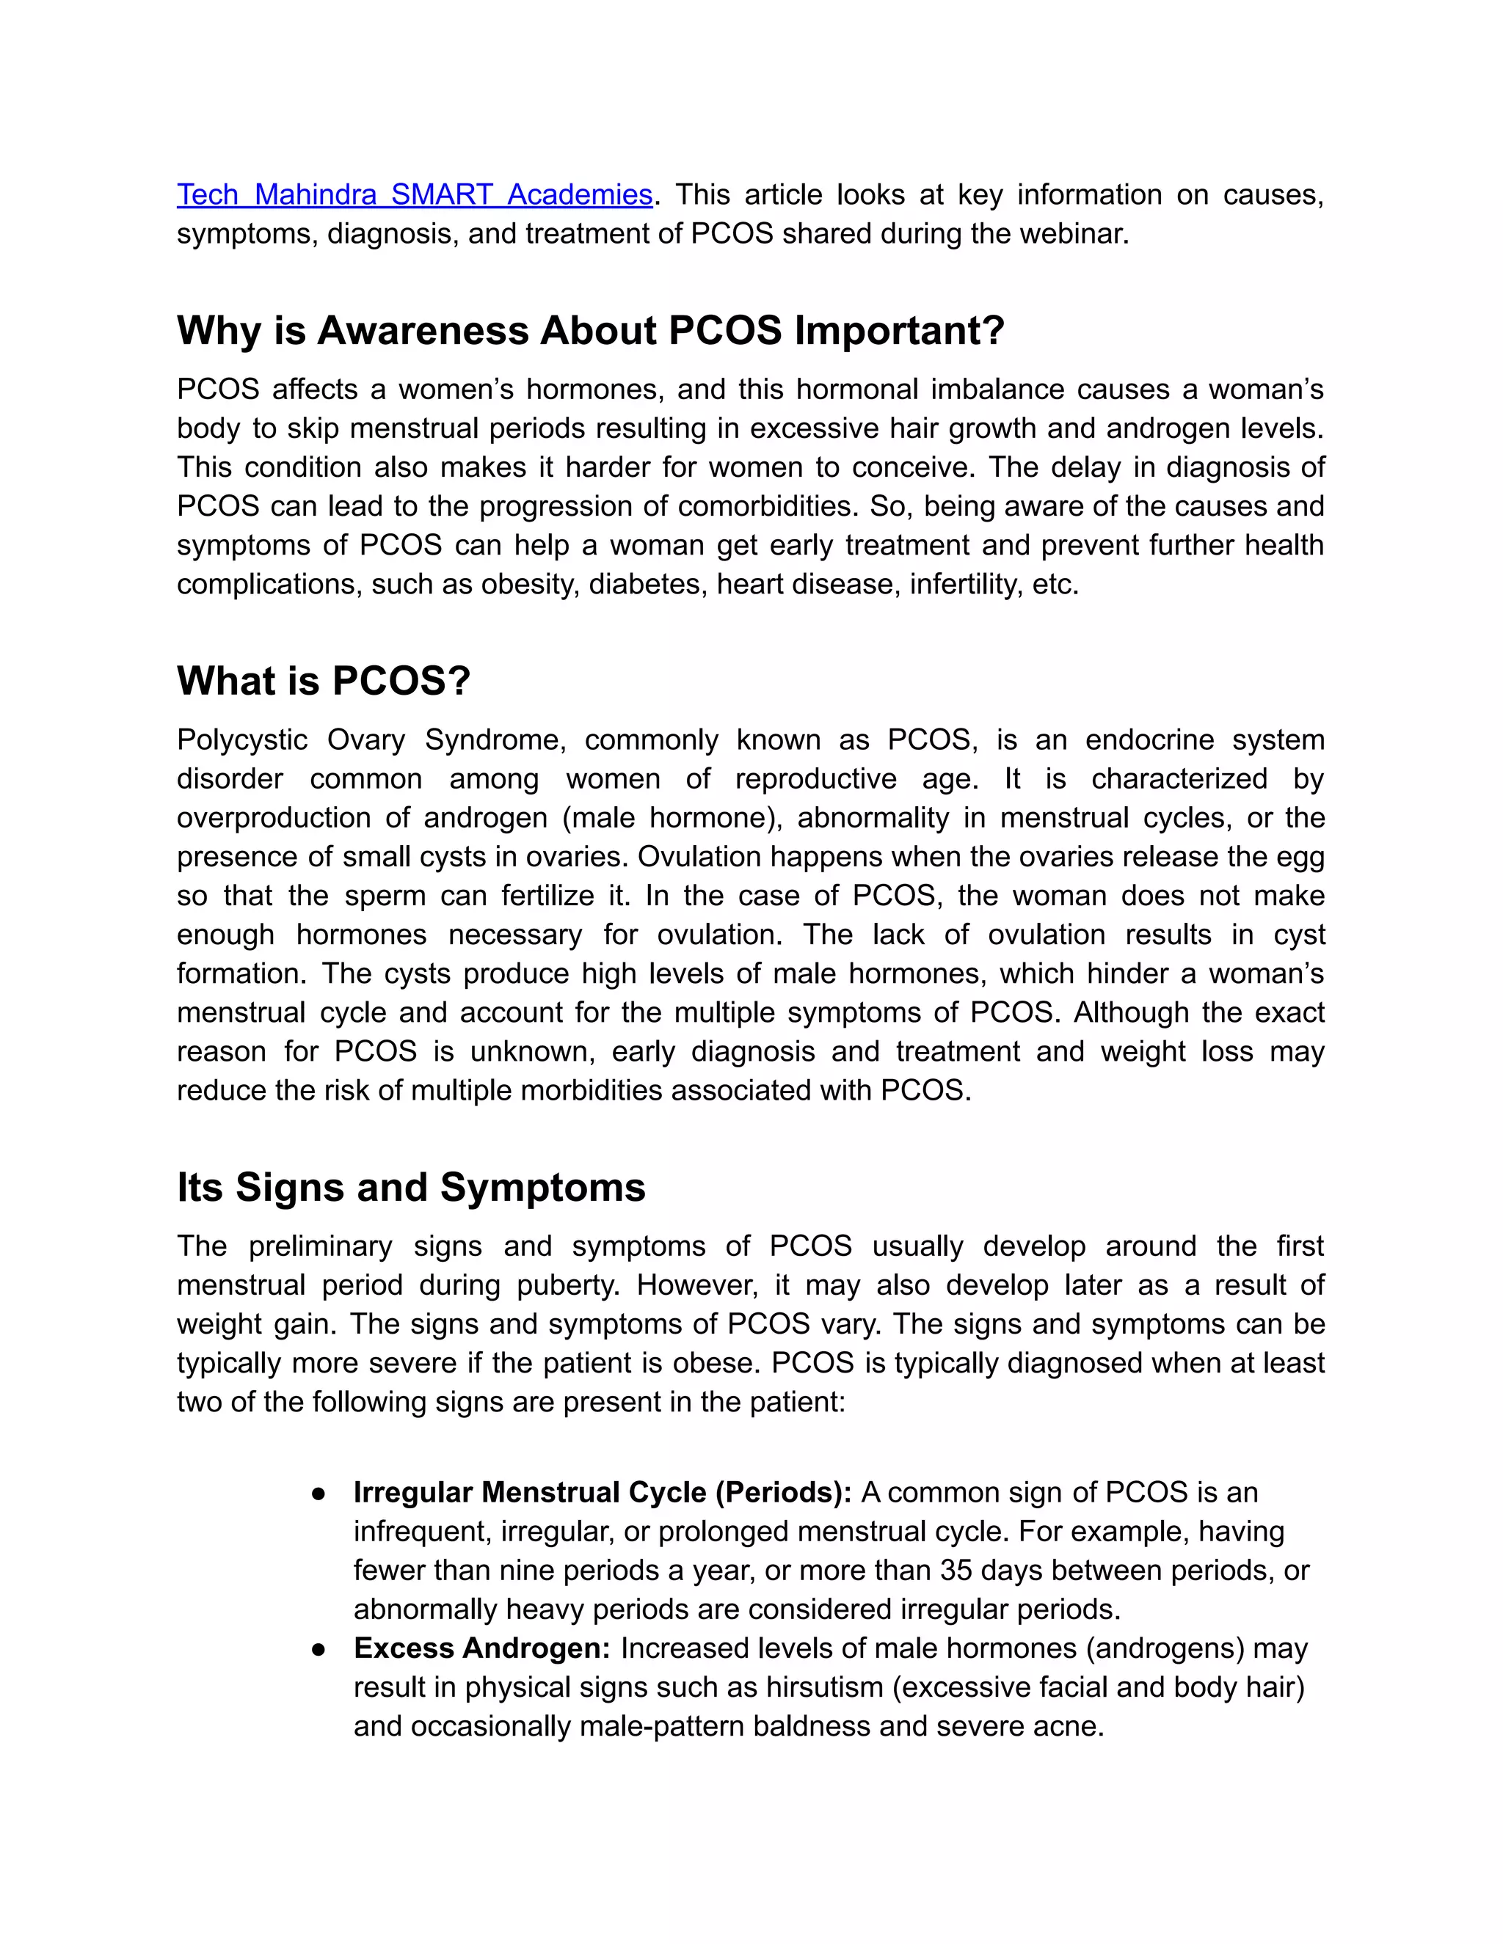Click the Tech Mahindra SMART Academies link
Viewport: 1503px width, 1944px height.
(414, 194)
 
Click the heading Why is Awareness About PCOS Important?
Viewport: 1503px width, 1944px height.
(590, 330)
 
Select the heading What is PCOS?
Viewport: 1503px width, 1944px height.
(323, 680)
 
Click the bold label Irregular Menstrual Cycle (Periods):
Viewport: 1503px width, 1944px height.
(603, 1492)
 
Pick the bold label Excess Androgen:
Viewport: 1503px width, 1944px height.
(481, 1648)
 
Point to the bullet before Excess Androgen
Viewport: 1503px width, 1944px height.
(319, 1648)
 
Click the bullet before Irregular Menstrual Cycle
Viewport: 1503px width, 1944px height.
(319, 1493)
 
